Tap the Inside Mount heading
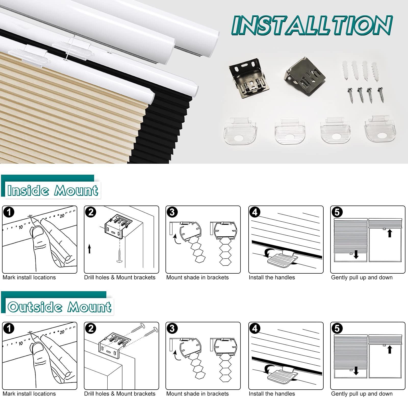(x=53, y=190)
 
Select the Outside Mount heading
(x=59, y=307)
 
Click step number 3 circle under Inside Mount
(x=172, y=212)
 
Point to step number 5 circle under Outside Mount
(x=337, y=329)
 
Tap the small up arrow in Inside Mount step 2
(x=89, y=248)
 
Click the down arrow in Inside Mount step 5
(x=356, y=254)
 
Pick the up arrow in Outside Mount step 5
(x=389, y=349)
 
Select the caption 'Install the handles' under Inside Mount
(x=272, y=277)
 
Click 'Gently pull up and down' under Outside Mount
(x=362, y=394)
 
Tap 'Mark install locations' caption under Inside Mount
(x=29, y=277)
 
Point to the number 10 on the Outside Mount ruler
(x=21, y=343)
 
